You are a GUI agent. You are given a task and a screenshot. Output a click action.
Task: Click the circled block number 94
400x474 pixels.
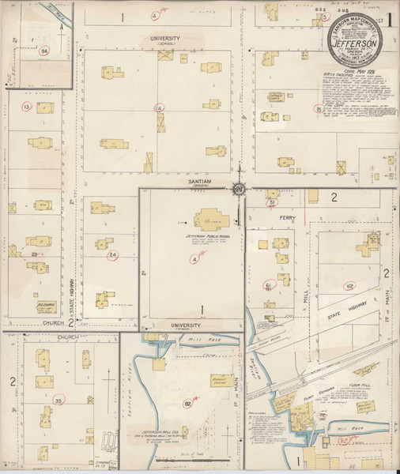(x=43, y=51)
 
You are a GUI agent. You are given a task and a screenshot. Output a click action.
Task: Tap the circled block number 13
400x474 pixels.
(x=27, y=107)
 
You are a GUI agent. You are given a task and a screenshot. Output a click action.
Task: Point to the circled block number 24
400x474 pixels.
(x=113, y=255)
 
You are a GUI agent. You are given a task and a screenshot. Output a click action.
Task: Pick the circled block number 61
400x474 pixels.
(x=269, y=285)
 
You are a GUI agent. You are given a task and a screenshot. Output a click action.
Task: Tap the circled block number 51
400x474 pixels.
(x=271, y=203)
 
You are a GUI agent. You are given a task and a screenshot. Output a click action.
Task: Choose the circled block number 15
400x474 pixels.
(x=318, y=109)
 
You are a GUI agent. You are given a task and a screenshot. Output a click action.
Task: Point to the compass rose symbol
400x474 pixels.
(x=239, y=188)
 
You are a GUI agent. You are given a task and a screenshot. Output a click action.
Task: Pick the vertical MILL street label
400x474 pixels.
(x=306, y=295)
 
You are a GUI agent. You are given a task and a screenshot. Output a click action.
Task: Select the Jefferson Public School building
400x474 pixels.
(x=209, y=219)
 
